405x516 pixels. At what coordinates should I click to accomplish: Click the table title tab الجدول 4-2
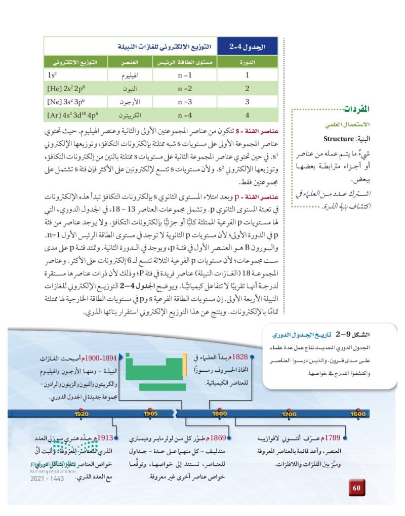248,47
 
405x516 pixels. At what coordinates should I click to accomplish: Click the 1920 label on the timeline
80,414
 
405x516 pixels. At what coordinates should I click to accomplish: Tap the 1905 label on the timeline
150,414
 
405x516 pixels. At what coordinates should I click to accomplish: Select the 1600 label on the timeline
357,414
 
